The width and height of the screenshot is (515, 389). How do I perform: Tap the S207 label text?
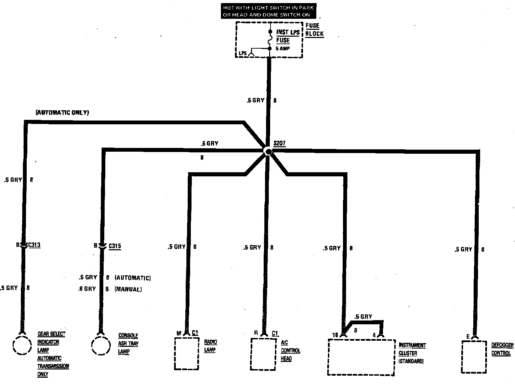[279, 143]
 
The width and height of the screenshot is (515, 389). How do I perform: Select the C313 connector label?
[34, 245]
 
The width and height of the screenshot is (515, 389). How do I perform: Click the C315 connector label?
[115, 246]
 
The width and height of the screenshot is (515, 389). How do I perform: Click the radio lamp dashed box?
[187, 353]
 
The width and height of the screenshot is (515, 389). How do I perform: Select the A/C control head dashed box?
[263, 354]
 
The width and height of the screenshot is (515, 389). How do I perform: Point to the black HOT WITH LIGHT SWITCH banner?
[268, 11]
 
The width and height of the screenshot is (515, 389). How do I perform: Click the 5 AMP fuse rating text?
[282, 49]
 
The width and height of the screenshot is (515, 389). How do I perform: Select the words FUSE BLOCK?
[314, 30]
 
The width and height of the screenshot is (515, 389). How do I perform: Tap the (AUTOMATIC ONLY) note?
[62, 112]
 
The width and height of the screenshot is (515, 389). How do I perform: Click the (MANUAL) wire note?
[128, 289]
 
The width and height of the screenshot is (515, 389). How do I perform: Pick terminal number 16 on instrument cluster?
[335, 335]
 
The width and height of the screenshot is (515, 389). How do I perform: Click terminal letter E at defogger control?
[468, 337]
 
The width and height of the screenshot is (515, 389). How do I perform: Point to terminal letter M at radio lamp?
[179, 333]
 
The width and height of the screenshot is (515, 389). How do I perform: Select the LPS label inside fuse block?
[243, 53]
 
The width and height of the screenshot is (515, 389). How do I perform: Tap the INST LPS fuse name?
[288, 33]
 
